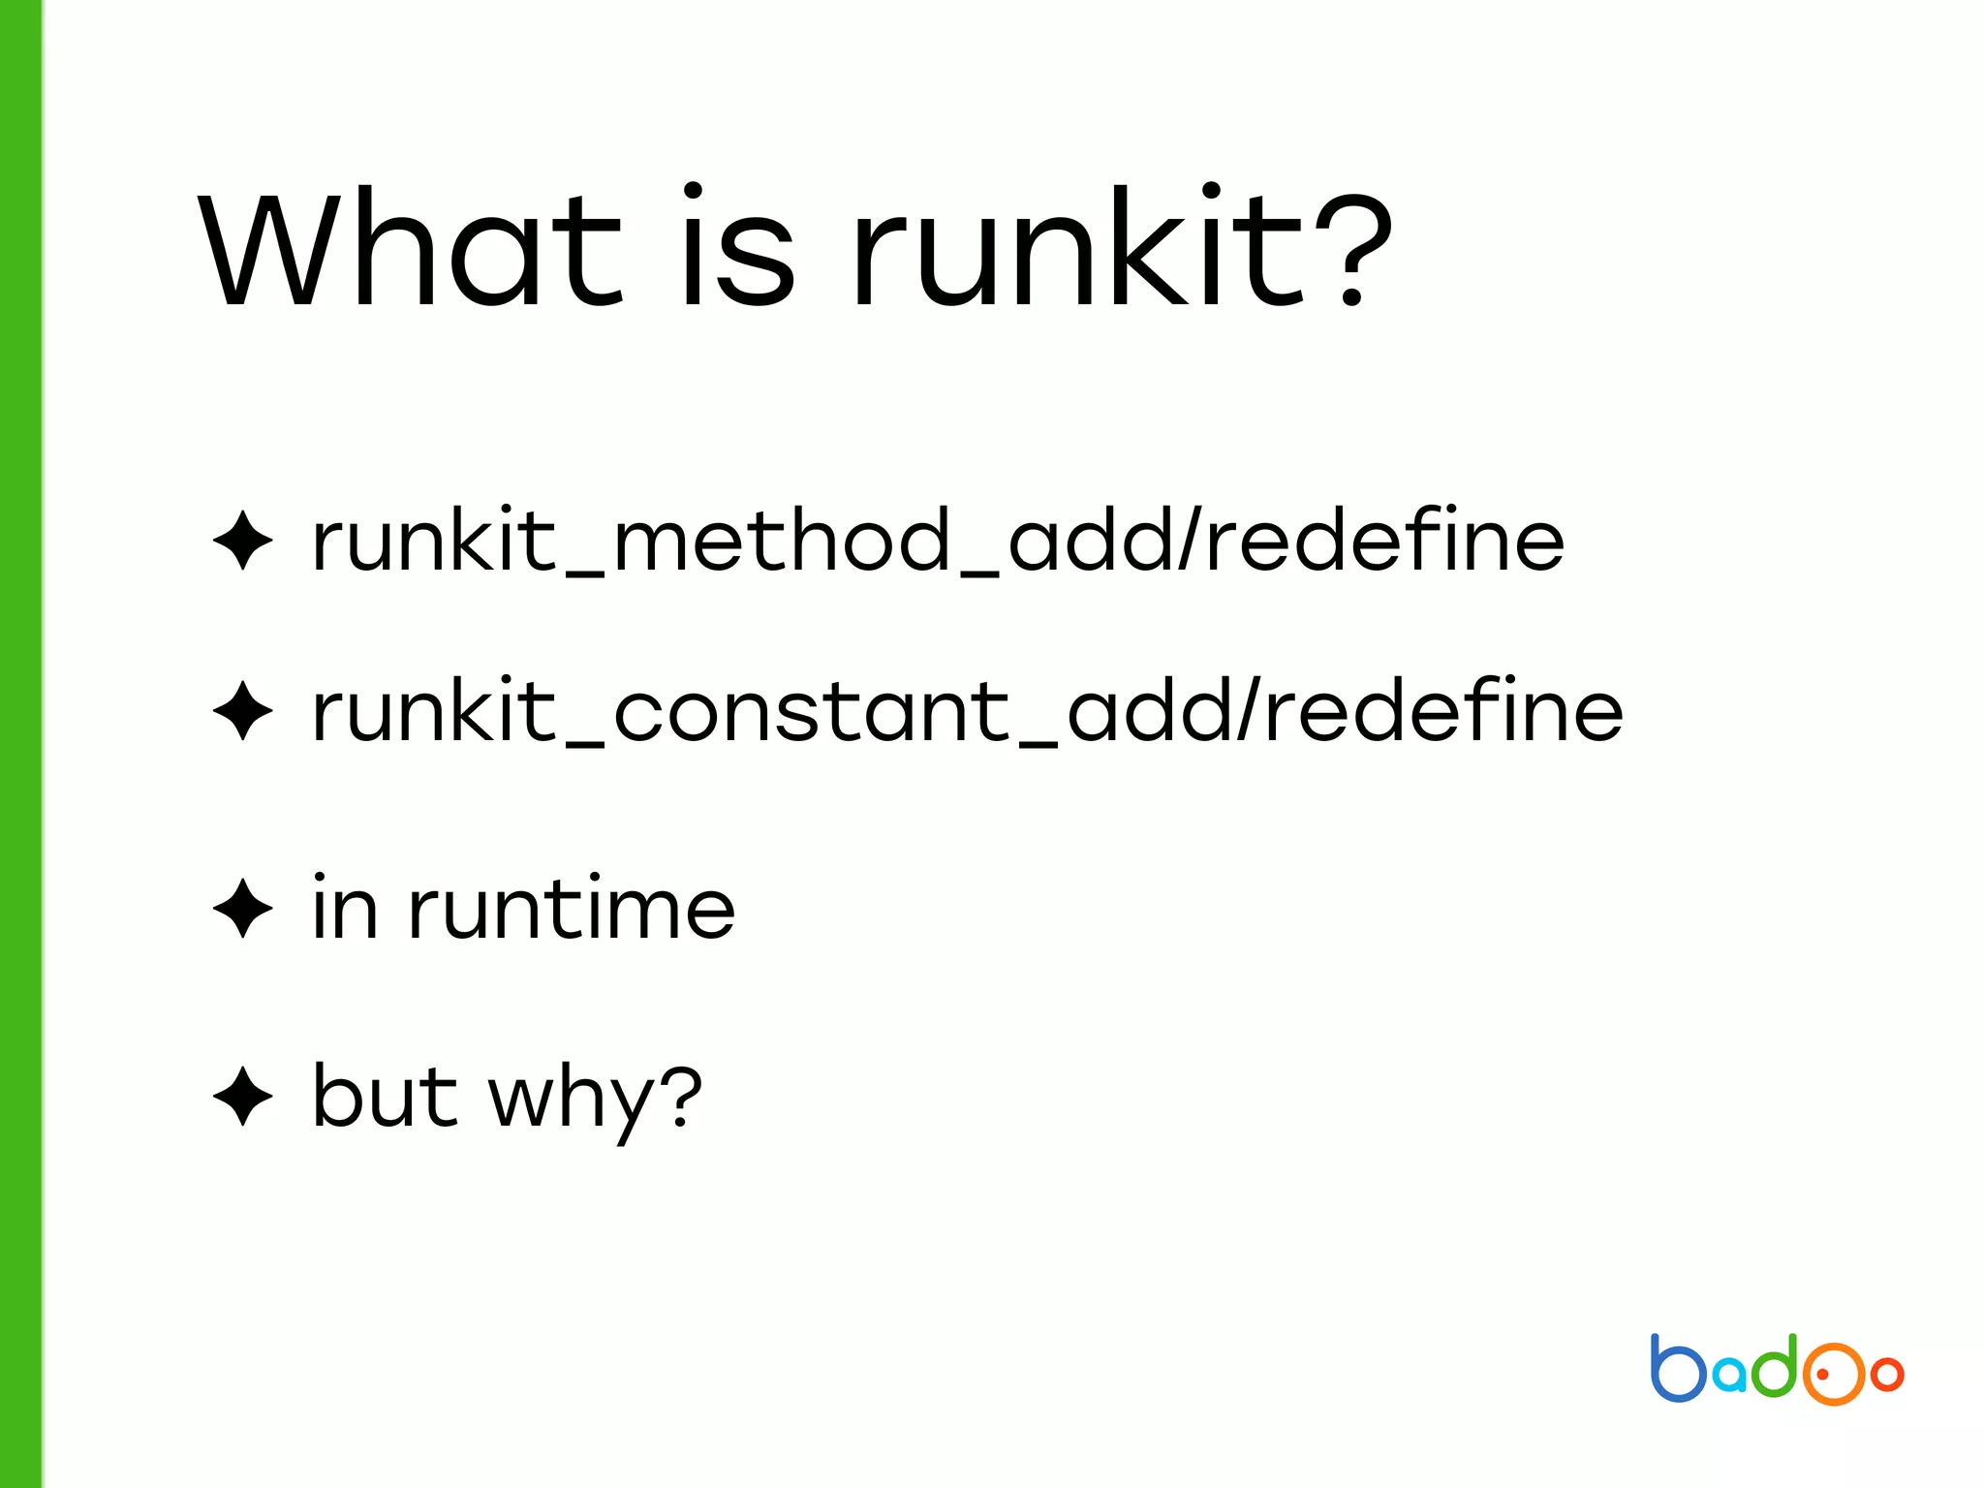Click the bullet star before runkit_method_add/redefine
[x=243, y=541]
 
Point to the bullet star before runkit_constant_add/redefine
[x=243, y=711]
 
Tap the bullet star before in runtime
[x=243, y=909]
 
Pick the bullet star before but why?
[x=243, y=1097]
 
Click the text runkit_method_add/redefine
[x=937, y=541]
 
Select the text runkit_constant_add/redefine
[x=967, y=711]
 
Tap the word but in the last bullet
[x=385, y=1097]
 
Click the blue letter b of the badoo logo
[x=1677, y=1369]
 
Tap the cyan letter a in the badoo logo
[x=1730, y=1376]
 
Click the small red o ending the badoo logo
[x=1887, y=1374]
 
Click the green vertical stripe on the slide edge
[x=20, y=744]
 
